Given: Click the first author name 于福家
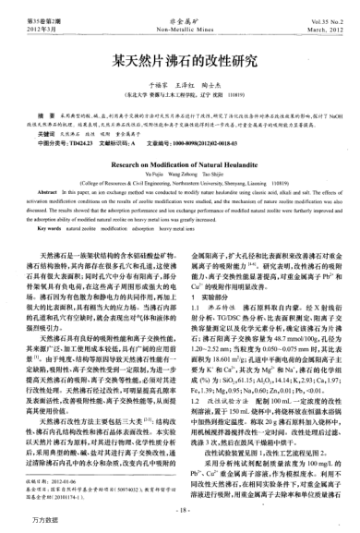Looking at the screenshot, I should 140,84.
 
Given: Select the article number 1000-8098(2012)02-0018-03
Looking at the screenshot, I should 213,141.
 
